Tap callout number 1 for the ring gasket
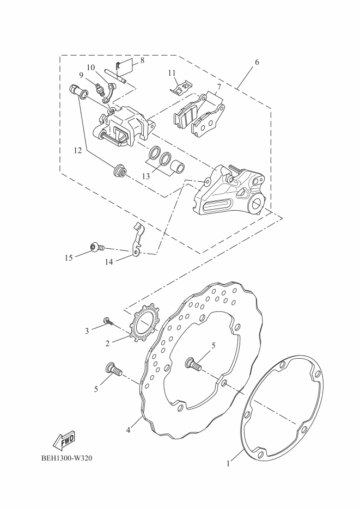(229, 464)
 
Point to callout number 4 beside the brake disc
(129, 430)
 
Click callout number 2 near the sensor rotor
(108, 343)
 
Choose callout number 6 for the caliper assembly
(257, 62)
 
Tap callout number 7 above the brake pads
(218, 87)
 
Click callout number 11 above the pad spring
(172, 72)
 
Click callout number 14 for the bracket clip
(109, 262)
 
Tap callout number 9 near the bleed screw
(81, 75)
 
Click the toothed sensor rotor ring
(143, 324)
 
